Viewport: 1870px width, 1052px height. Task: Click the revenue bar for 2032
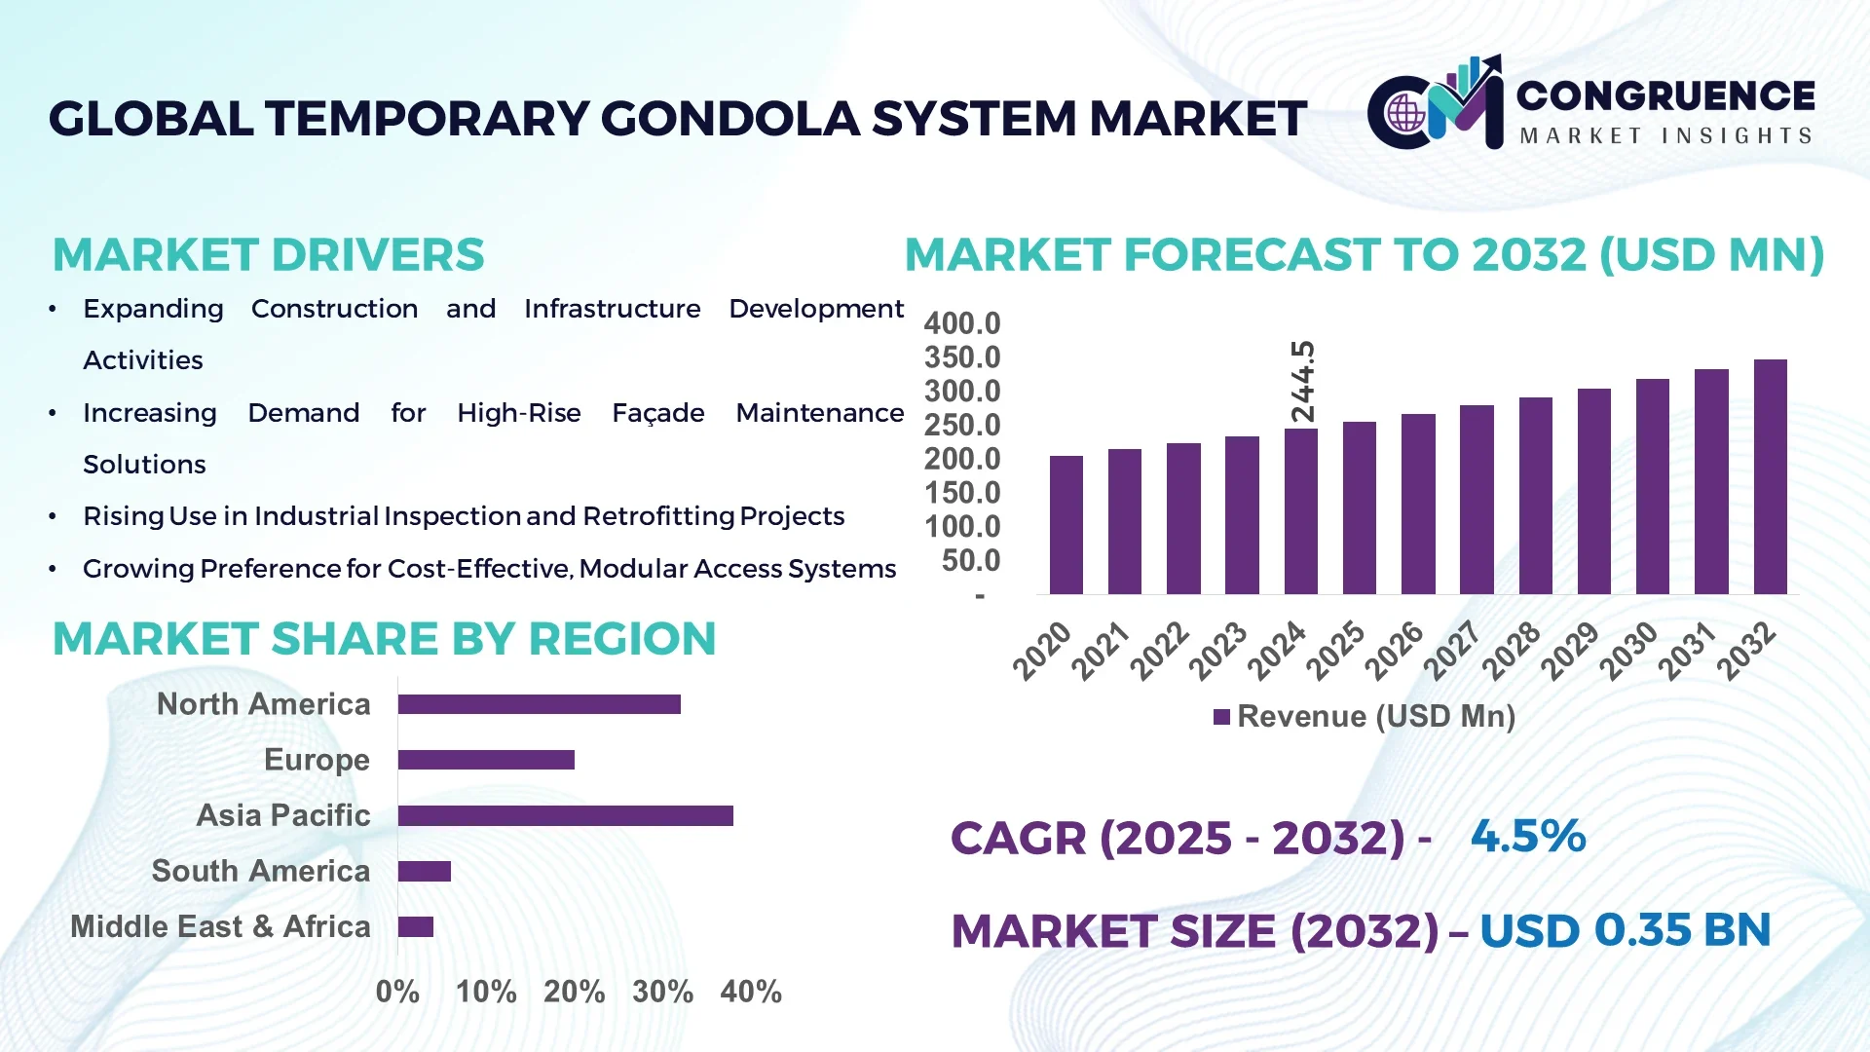[1770, 477]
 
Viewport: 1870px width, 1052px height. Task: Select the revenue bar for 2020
[1066, 525]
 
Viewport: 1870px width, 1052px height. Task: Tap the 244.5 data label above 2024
[1302, 381]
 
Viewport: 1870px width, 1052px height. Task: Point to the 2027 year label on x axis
[1452, 650]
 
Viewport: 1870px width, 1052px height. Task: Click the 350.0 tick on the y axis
[962, 357]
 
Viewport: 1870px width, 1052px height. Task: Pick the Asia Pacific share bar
[565, 815]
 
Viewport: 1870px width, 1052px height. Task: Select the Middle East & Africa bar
[416, 926]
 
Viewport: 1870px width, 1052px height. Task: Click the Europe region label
[317, 760]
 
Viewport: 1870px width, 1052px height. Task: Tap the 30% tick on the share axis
[662, 992]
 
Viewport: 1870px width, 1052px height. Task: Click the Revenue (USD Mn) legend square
[1221, 718]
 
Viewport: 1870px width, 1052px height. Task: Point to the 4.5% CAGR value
[1527, 836]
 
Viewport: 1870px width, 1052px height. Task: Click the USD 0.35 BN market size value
[1624, 930]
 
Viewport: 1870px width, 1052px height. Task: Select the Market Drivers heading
[268, 255]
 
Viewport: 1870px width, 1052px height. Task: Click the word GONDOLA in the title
[730, 119]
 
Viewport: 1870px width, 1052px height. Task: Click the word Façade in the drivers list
[657, 413]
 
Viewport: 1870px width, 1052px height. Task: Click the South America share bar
[425, 871]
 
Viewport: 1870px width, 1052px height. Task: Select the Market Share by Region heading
[384, 639]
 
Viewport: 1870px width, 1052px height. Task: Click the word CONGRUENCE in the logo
[1664, 95]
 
